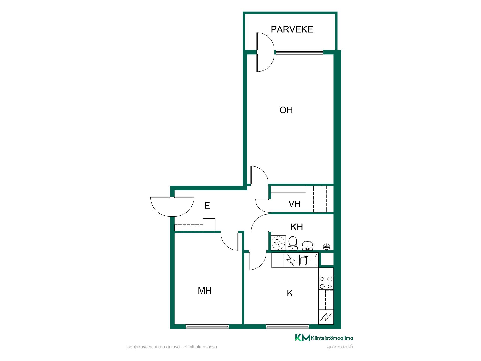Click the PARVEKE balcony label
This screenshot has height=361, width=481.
point(292,29)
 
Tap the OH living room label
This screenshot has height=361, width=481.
point(286,110)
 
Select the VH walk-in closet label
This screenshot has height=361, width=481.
point(295,204)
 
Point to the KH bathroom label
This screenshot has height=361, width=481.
point(297,227)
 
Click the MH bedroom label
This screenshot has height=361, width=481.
point(205,291)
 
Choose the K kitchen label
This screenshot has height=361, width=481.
point(290,293)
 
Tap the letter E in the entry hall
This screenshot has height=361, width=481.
point(207,206)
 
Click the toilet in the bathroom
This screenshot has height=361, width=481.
point(293,243)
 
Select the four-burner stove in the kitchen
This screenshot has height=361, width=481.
point(326,283)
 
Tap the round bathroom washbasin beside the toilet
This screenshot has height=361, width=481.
point(308,245)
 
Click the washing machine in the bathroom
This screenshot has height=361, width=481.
point(278,243)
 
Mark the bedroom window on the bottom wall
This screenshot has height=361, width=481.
point(207,326)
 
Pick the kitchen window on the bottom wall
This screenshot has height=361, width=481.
point(287,326)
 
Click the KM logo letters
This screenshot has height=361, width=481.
point(302,338)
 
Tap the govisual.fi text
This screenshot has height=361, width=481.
point(340,347)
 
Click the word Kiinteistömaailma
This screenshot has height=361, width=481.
point(332,338)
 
